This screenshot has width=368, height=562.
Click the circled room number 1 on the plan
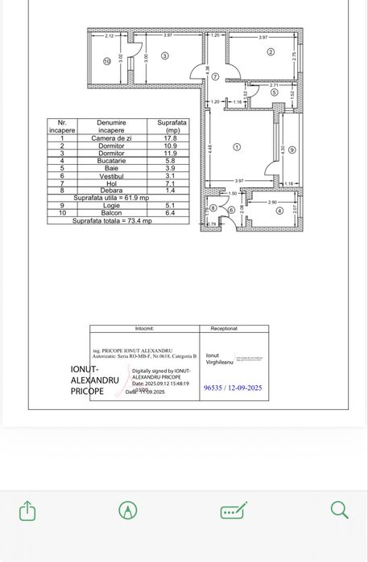click(x=236, y=147)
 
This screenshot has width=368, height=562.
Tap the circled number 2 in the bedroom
click(x=271, y=52)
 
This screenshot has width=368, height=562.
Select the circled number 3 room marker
click(x=163, y=56)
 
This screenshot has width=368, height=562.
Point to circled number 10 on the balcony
click(x=105, y=61)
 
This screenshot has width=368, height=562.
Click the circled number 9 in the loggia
click(x=292, y=150)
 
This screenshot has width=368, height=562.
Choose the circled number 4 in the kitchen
click(x=279, y=211)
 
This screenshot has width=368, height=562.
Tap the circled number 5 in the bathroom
click(x=274, y=92)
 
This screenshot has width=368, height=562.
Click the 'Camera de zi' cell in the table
click(x=111, y=138)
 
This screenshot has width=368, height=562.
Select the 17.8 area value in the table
click(x=169, y=138)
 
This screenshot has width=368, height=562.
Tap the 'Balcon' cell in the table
click(x=111, y=212)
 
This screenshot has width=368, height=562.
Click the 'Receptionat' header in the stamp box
click(x=224, y=329)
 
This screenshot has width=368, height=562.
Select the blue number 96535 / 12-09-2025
click(x=234, y=388)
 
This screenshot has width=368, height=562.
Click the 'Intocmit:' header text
click(x=145, y=329)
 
